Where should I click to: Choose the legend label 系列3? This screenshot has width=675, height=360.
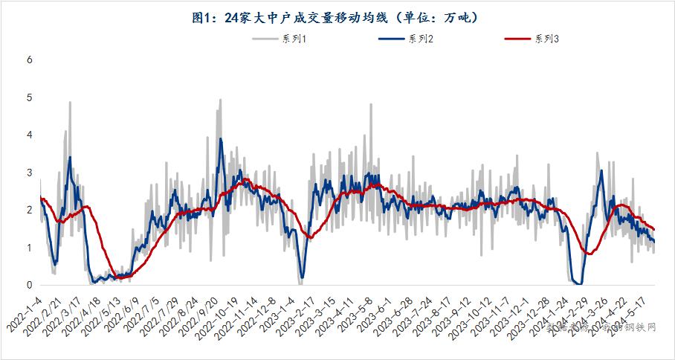547,39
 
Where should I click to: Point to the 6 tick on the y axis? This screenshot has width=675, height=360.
30,60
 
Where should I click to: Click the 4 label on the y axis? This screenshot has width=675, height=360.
30,135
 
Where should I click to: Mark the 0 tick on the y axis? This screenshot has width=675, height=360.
30,285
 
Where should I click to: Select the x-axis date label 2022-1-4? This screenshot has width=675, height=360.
25,312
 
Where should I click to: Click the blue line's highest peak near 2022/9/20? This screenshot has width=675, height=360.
220,138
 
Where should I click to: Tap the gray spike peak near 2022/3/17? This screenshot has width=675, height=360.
70,102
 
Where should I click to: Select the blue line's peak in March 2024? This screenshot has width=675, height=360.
601,171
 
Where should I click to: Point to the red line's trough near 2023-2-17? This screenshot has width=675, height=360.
311,237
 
